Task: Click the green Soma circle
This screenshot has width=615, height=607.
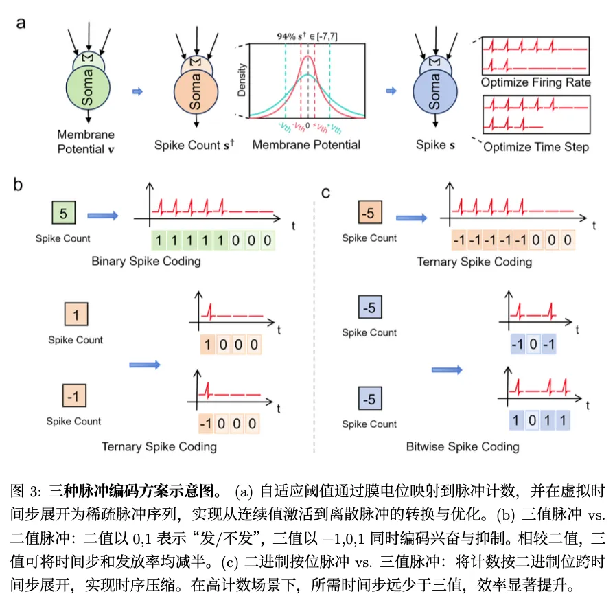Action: pos(88,88)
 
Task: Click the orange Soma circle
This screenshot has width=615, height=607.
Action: pos(196,92)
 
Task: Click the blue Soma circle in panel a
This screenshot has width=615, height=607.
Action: pos(435,92)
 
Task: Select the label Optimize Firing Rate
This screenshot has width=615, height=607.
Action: pos(536,82)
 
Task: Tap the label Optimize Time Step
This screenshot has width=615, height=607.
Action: pos(536,147)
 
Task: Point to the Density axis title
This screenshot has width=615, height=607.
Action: pos(242,80)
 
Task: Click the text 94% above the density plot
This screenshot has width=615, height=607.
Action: pos(286,36)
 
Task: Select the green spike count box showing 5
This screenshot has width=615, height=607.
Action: pos(64,212)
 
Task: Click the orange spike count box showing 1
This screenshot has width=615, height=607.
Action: pos(76,314)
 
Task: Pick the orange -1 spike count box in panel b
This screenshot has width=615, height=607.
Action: pos(74,396)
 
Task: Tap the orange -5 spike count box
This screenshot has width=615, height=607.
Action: pos(370,212)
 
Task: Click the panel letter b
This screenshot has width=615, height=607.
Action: pos(18,185)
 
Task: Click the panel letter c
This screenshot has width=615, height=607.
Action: pos(325,193)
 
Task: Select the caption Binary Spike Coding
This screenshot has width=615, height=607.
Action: pos(146,262)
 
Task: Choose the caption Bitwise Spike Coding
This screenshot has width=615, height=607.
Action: pos(463,446)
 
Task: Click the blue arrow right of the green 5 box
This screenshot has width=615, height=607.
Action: pos(103,216)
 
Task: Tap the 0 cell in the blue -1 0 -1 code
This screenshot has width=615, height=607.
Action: pos(533,344)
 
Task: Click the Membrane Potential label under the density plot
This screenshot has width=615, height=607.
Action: pos(306,145)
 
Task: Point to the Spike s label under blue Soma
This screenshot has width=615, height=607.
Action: pos(435,145)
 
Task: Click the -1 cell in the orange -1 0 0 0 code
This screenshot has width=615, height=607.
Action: pos(206,424)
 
